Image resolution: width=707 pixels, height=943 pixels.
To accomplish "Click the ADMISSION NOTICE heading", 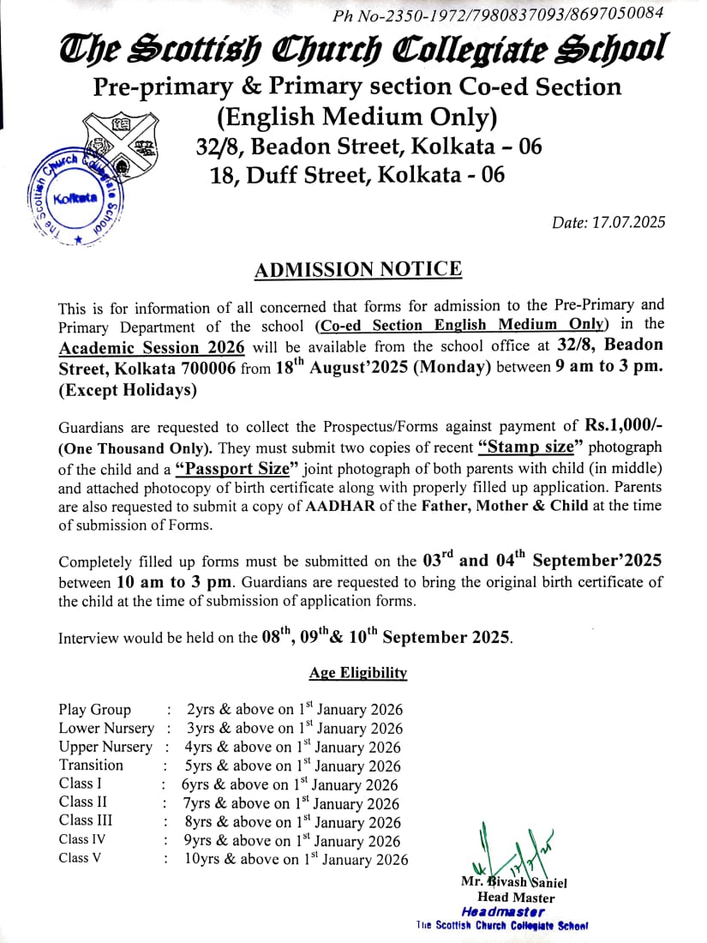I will click(x=358, y=270).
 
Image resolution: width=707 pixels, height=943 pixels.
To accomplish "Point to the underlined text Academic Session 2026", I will click(x=152, y=347).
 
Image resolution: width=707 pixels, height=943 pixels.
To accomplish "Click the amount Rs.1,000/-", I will click(x=623, y=426).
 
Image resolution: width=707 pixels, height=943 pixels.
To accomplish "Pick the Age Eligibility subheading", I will click(x=358, y=673).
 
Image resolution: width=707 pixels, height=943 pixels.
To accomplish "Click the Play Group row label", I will click(x=95, y=710).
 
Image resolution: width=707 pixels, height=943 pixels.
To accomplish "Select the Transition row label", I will click(x=91, y=765).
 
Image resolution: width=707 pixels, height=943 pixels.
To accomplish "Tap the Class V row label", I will click(x=80, y=858).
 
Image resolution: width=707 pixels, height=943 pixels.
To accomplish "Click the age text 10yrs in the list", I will click(x=201, y=859).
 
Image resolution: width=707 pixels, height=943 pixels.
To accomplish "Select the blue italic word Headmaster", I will click(x=502, y=911).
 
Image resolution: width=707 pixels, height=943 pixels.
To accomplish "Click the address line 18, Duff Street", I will click(x=357, y=175).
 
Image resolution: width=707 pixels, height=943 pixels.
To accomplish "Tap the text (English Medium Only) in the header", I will click(x=357, y=116).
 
